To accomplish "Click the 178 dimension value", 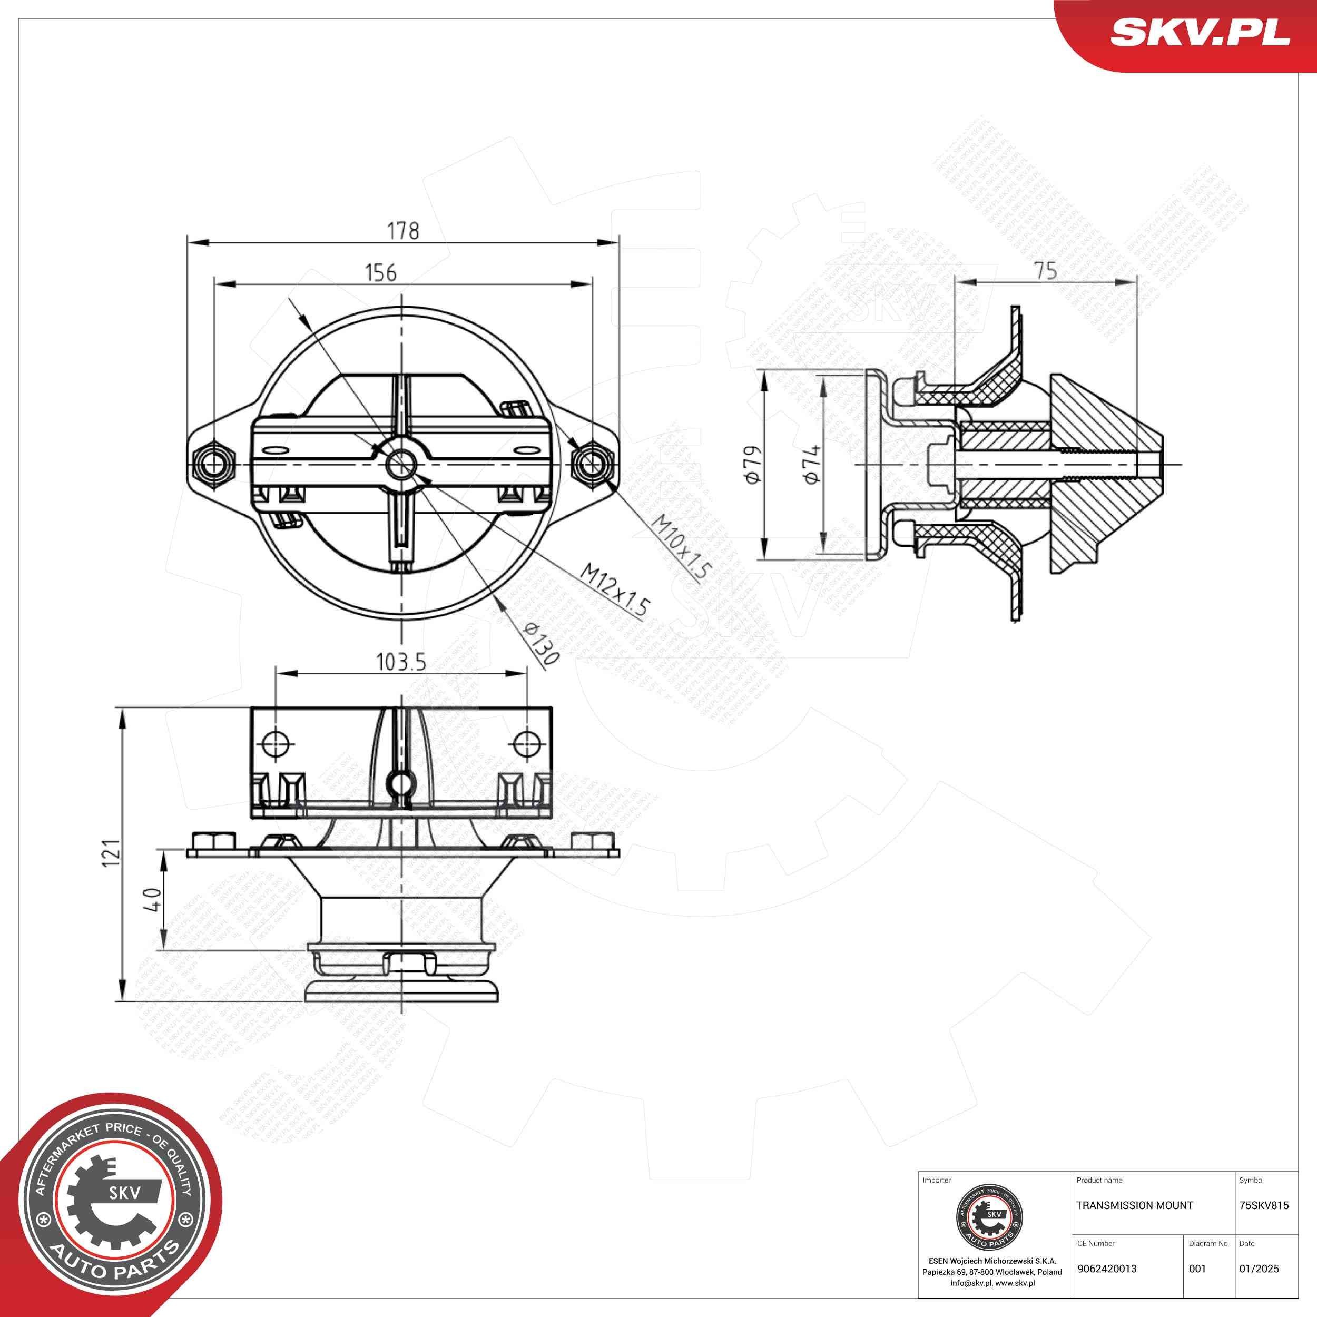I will [403, 231].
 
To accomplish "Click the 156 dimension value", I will [380, 273].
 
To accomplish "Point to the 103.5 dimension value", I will [401, 661].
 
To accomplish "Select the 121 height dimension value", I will [111, 853].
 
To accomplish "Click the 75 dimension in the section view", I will [1045, 271].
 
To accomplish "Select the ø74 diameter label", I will [811, 464].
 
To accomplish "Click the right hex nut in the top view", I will [592, 464].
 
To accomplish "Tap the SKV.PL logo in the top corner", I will [1199, 33].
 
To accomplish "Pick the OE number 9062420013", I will [1107, 1269].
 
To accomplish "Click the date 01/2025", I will [1259, 1269].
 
